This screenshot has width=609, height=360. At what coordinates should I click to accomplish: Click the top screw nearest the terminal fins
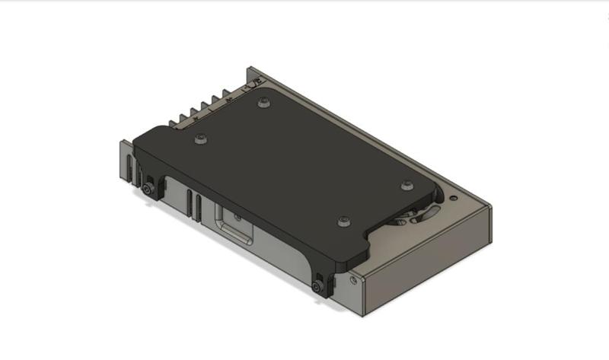point(264,103)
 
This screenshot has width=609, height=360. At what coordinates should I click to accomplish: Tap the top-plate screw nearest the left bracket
point(200,139)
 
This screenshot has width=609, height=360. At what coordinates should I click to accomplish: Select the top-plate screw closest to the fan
point(407,185)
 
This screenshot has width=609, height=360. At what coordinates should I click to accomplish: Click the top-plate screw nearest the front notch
point(343,221)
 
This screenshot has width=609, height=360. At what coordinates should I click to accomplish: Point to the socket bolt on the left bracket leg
point(147,188)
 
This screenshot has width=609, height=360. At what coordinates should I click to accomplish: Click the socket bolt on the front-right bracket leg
point(317,286)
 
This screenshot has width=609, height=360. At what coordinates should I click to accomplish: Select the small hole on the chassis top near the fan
point(454,198)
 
